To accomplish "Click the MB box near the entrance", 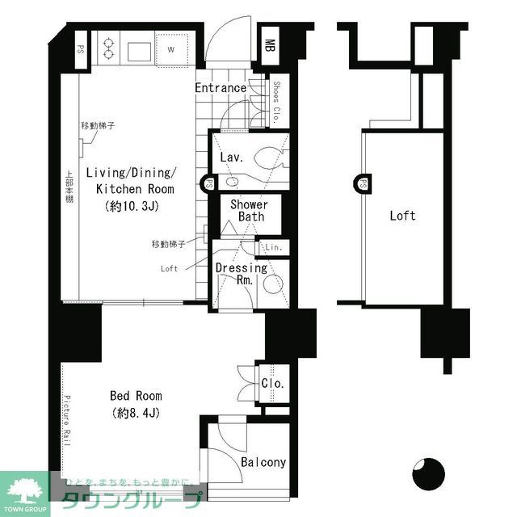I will point(271,48).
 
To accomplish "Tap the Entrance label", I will point(221,88).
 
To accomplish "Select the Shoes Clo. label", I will point(276,100).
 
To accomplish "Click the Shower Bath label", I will point(249,211).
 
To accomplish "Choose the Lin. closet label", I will point(274,247).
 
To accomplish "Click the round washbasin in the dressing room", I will point(272,281).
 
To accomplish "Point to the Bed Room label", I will point(136,396).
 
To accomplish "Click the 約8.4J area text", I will point(136,413).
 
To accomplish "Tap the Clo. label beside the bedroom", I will point(272,384).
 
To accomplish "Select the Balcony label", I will point(263,462).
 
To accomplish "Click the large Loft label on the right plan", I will point(402,216).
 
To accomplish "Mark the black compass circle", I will point(428,473).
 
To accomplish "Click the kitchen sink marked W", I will point(171,48).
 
